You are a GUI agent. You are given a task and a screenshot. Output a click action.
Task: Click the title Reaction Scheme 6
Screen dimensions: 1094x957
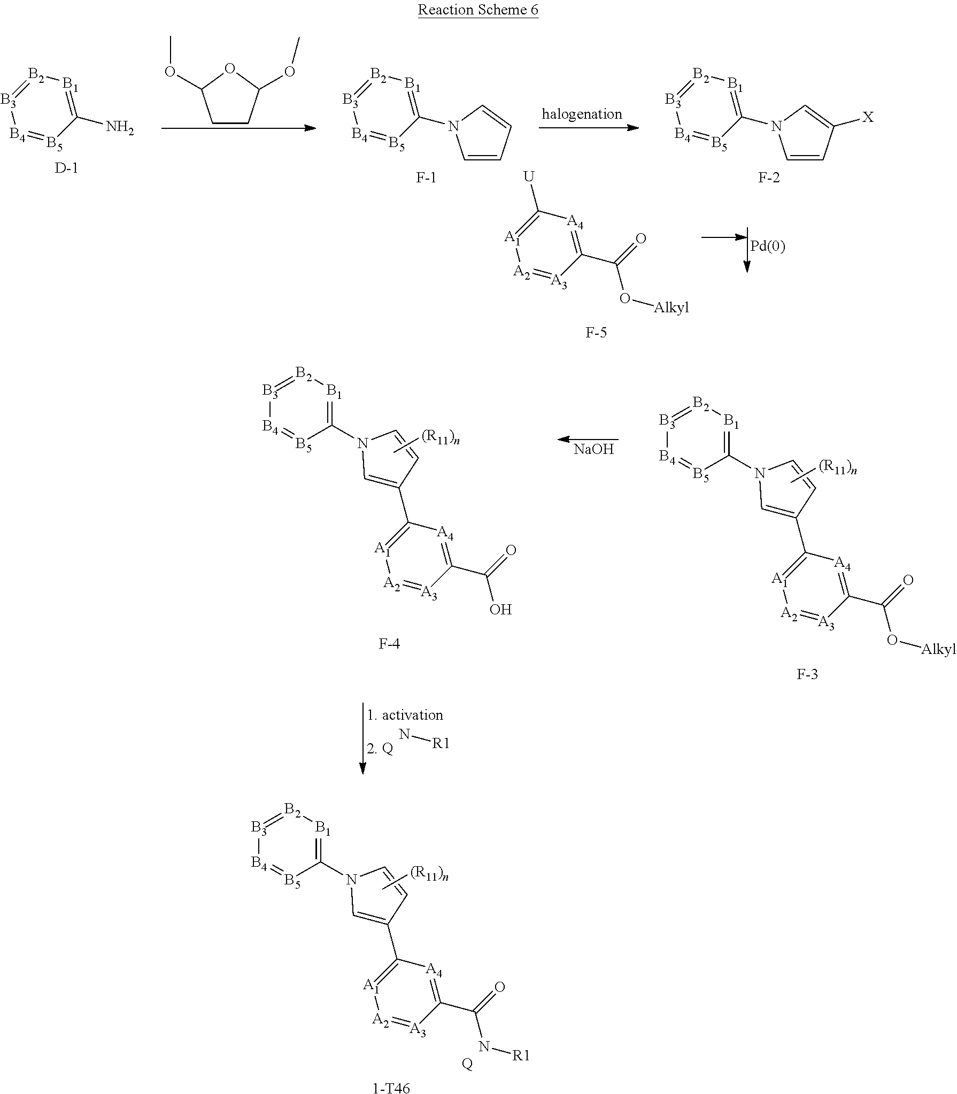[x=478, y=10]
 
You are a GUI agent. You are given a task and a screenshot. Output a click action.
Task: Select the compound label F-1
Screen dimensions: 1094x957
[x=426, y=178]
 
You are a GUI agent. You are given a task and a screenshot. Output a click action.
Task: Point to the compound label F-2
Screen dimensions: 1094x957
[x=769, y=178]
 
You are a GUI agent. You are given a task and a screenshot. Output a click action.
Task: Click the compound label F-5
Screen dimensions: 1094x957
[x=596, y=333]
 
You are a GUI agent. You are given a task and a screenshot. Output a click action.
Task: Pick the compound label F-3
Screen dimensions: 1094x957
[x=807, y=674]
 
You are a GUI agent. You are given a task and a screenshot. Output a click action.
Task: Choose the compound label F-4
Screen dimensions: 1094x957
[x=389, y=644]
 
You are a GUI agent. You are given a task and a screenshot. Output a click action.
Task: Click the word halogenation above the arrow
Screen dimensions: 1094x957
[x=582, y=114]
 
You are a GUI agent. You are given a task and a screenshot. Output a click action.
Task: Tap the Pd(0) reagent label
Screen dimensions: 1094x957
[x=768, y=246]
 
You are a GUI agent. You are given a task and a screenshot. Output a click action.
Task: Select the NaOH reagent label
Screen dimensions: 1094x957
[x=594, y=449]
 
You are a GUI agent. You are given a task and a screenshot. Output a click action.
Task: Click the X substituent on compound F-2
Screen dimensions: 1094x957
[x=868, y=117]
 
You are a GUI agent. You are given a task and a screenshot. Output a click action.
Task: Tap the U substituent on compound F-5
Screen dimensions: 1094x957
[x=529, y=177]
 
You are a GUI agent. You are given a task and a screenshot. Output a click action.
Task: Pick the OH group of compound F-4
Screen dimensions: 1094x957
[x=500, y=610]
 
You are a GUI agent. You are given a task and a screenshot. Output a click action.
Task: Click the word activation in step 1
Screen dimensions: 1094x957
[x=412, y=715]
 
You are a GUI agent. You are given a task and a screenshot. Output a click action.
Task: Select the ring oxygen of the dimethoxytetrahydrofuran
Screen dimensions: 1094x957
[x=230, y=68]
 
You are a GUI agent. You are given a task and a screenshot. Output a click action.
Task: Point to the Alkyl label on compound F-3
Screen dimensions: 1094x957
[x=938, y=649]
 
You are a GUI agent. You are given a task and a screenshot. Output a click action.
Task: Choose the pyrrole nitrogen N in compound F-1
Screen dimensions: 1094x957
[x=453, y=127]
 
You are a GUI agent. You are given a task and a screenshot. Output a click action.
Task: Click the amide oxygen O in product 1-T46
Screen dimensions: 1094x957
[x=500, y=987]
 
